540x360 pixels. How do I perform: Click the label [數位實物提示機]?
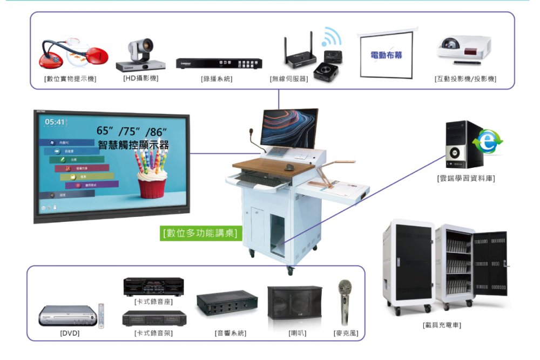(x=70, y=79)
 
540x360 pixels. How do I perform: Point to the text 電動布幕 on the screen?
(x=386, y=56)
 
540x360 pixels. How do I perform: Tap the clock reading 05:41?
(x=55, y=123)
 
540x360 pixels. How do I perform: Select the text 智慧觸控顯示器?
(x=133, y=145)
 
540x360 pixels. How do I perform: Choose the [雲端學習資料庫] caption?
(x=465, y=178)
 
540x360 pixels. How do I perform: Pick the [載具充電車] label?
(x=442, y=325)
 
